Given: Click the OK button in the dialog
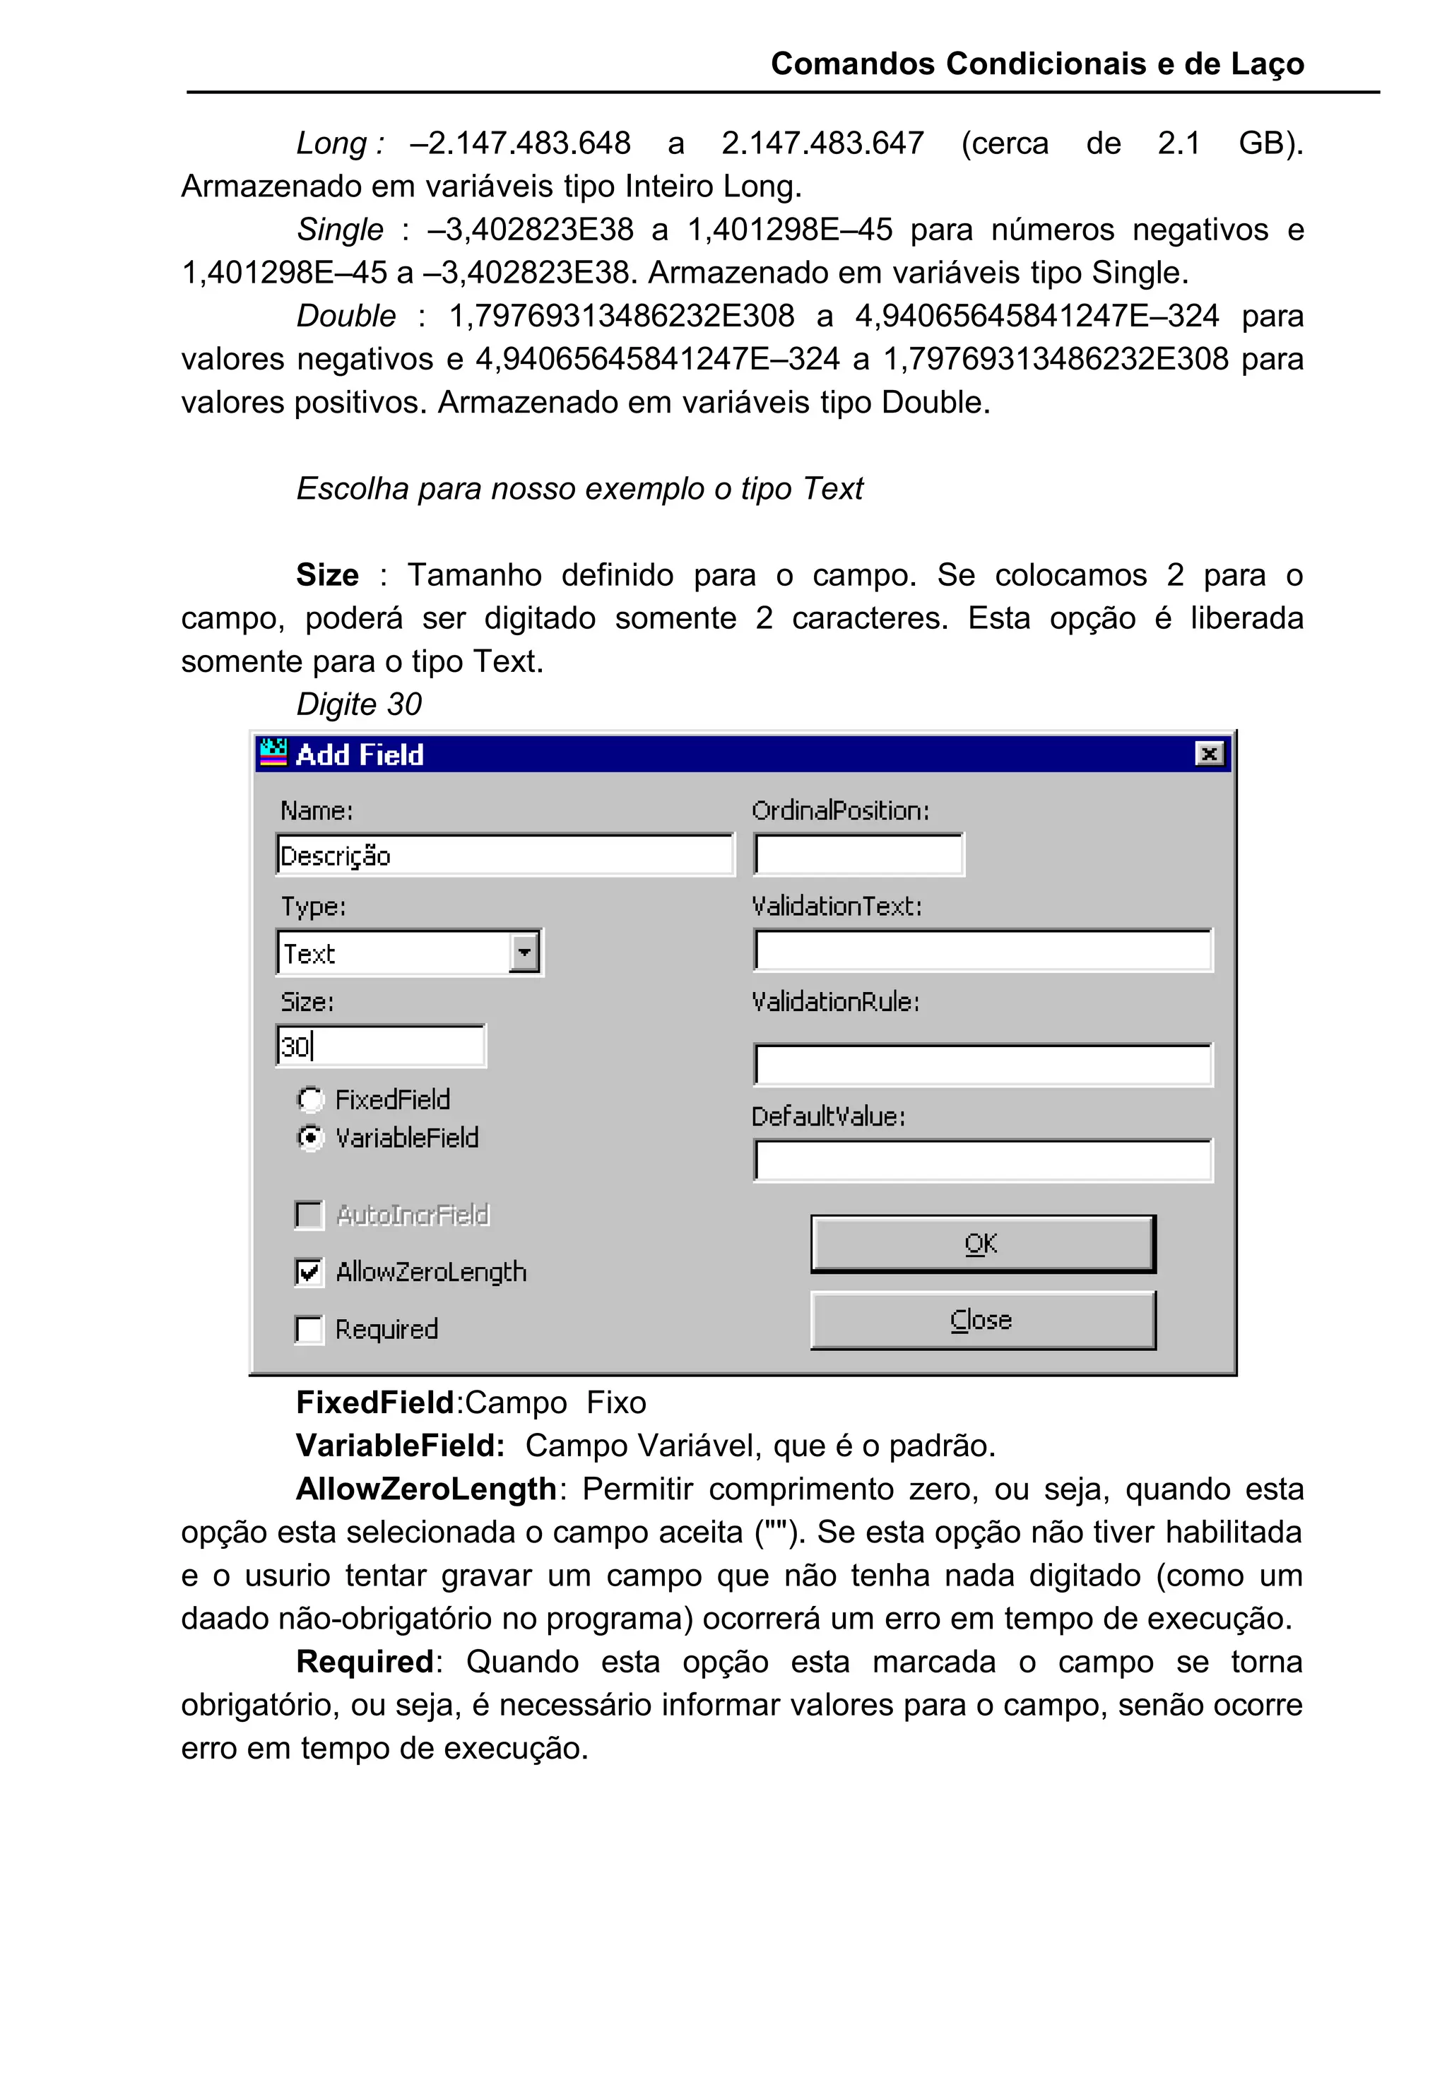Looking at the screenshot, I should tap(982, 1244).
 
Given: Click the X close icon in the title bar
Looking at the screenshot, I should tap(1209, 753).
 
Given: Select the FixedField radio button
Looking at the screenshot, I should tap(310, 1099).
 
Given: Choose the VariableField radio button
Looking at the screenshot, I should tap(310, 1137).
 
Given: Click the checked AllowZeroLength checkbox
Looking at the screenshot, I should tap(309, 1272).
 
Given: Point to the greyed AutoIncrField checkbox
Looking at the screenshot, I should tap(309, 1215).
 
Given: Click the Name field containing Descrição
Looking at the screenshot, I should tap(504, 855).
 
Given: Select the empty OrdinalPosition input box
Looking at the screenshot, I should tap(858, 855).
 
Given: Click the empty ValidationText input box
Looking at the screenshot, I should tap(982, 951).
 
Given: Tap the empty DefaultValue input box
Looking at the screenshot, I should tap(982, 1161).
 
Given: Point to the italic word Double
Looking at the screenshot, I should tap(345, 316).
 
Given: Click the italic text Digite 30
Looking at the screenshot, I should tap(359, 704).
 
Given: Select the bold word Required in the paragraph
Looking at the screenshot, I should tap(365, 1662).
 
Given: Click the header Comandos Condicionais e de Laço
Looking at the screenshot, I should tap(1037, 64).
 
